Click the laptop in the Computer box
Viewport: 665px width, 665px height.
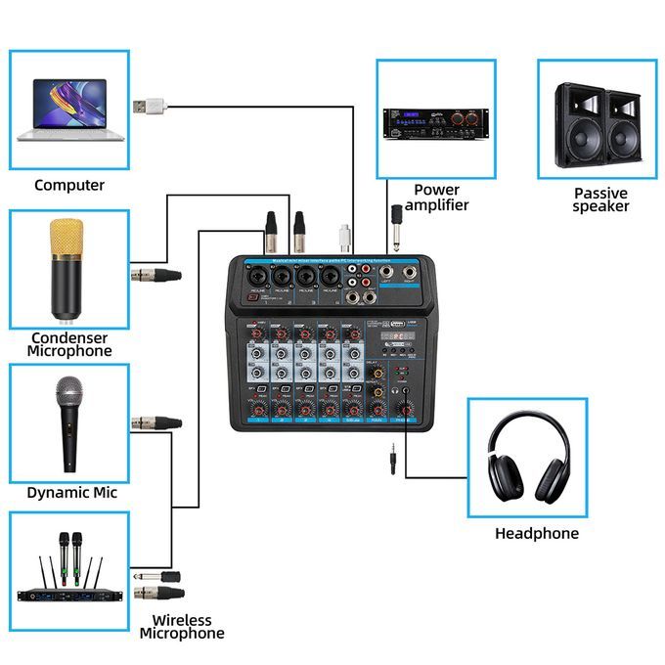coord(69,107)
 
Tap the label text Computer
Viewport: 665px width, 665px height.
coord(68,185)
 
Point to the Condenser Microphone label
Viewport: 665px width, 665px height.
coord(68,343)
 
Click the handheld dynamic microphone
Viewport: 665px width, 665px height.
coord(68,420)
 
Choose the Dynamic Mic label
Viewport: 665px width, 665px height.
coord(71,493)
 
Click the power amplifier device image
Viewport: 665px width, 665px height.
coord(435,121)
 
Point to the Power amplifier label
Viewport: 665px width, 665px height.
coord(436,198)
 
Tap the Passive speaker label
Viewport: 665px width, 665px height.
coord(600,199)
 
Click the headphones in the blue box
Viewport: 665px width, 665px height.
coord(527,456)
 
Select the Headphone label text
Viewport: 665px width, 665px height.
coord(536,534)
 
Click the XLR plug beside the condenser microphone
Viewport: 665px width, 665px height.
coord(156,275)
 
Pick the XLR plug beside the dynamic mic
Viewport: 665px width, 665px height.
coord(156,422)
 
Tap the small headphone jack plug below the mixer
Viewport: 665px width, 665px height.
coord(392,459)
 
